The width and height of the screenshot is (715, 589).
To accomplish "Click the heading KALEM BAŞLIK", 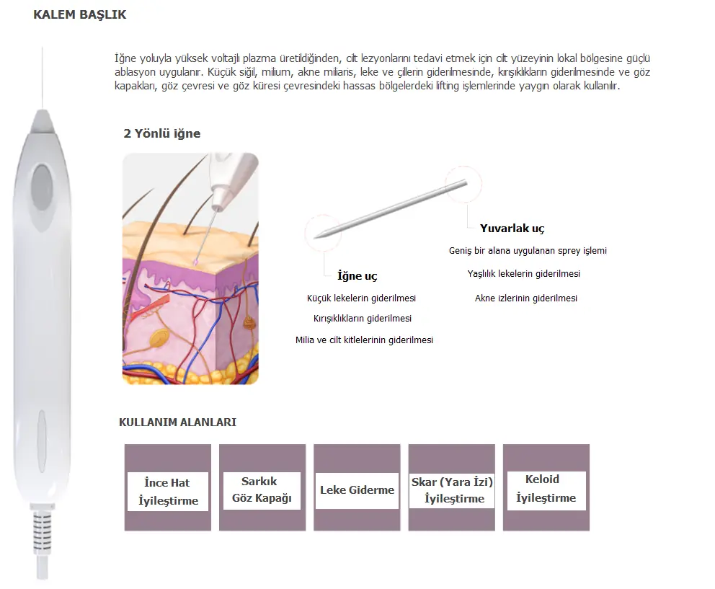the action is click(80, 14).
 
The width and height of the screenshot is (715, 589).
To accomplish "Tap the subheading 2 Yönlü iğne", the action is click(162, 133).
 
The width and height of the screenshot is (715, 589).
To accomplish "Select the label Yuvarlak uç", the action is click(512, 228).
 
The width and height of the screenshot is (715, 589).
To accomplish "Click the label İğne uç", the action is click(357, 276).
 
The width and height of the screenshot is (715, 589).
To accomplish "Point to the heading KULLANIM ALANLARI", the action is click(177, 422).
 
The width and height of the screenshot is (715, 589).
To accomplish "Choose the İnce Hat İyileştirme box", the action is click(168, 487).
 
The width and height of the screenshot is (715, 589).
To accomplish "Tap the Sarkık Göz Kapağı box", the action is click(262, 487).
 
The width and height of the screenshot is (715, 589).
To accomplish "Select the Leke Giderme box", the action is click(357, 487).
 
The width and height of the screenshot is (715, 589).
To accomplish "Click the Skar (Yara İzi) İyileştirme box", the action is click(451, 487).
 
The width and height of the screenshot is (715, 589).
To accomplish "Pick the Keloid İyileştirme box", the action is click(546, 487).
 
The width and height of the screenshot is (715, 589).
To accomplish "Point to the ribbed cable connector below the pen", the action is click(43, 531).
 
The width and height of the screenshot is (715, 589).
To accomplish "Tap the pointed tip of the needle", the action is click(315, 237).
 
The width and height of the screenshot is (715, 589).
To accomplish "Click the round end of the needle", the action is click(466, 182).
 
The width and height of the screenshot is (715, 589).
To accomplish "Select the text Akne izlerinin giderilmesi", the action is click(525, 298).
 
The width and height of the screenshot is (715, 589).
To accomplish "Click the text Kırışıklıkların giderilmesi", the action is click(363, 319).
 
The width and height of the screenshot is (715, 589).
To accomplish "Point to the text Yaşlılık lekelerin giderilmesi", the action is click(523, 274).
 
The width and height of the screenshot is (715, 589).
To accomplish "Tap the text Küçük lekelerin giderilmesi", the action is click(361, 298).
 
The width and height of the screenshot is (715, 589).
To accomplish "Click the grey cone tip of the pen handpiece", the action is click(43, 121).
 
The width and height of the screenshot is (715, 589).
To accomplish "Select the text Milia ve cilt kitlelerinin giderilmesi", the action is click(364, 340).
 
